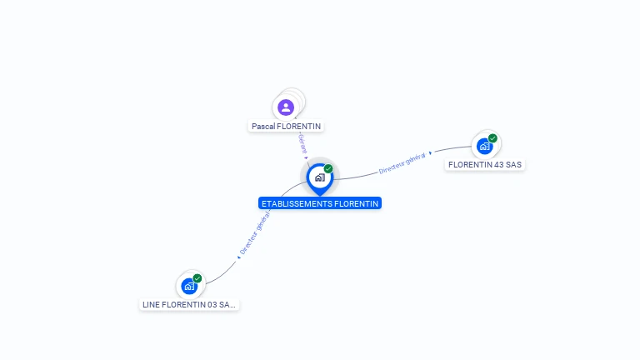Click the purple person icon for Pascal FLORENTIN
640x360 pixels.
[x=286, y=107]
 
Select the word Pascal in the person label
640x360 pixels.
[x=263, y=127]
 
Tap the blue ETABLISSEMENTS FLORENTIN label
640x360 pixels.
[x=320, y=203]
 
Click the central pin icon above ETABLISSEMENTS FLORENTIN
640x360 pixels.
[x=319, y=177]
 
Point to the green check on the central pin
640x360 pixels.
[x=328, y=168]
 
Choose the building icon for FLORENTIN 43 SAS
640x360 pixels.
[x=484, y=147]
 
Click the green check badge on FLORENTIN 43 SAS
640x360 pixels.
[x=493, y=137]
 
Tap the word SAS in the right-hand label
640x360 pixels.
[x=513, y=165]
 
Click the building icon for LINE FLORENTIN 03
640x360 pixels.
[x=189, y=287]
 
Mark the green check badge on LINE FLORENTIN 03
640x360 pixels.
[x=197, y=277]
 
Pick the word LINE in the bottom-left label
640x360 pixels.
[x=152, y=305]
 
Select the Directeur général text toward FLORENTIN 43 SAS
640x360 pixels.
[x=402, y=163]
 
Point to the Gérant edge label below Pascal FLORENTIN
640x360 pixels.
[x=302, y=143]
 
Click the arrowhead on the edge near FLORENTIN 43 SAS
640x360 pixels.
[x=431, y=154]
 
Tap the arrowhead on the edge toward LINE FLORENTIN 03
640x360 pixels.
[x=239, y=257]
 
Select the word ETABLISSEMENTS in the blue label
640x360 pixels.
[x=296, y=203]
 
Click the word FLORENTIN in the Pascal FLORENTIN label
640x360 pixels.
[x=298, y=127]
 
